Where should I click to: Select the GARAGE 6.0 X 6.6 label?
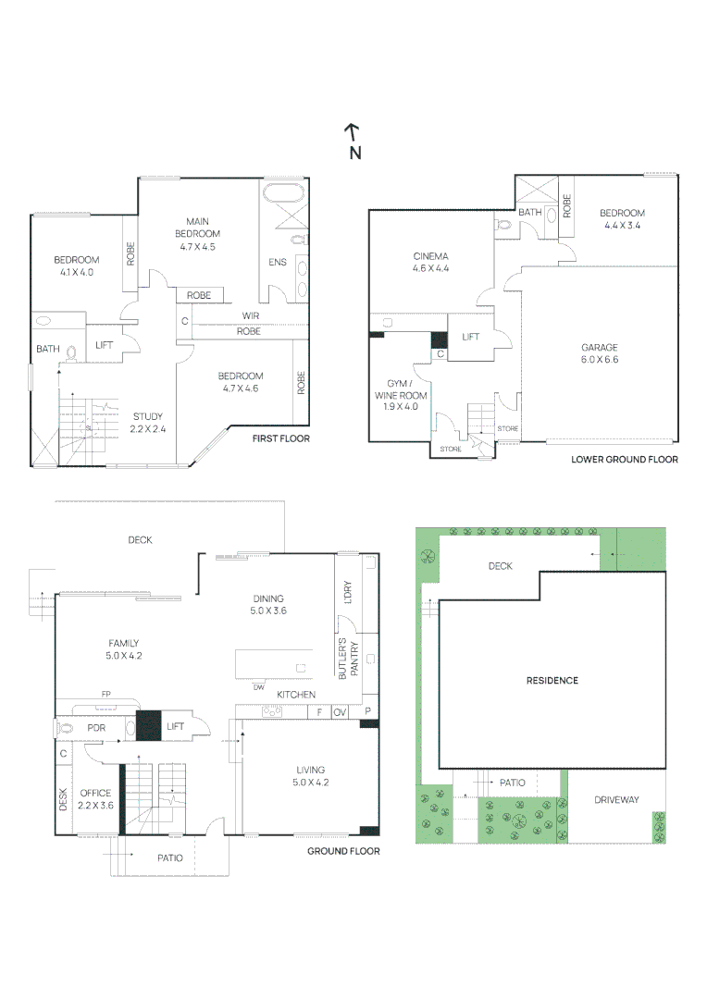tap(599, 353)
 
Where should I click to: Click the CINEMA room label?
tap(430, 262)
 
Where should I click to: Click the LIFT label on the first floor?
tap(105, 345)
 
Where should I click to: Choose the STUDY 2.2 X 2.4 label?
tap(149, 422)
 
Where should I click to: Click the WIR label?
tap(250, 316)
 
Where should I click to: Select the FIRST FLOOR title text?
tap(280, 438)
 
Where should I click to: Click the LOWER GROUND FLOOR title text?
tap(624, 459)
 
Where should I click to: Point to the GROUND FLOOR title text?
tap(343, 851)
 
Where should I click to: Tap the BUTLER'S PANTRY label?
tap(347, 659)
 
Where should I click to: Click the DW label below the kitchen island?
tap(258, 687)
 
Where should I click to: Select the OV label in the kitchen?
tap(340, 712)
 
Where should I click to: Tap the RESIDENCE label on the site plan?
tap(552, 681)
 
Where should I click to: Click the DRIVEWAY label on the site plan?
tap(615, 800)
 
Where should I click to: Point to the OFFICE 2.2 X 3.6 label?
tap(95, 799)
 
